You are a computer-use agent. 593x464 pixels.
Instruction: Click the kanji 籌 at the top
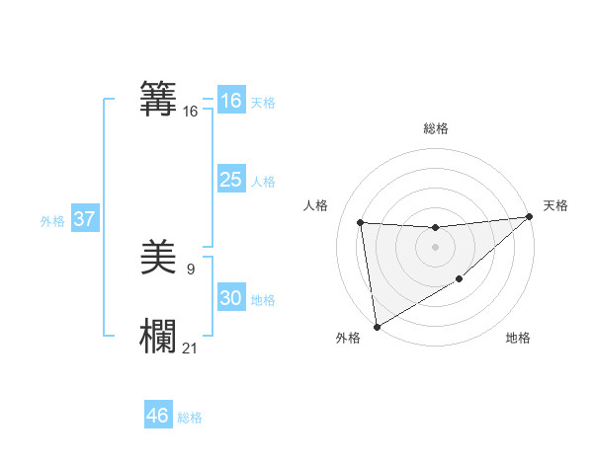click(x=159, y=99)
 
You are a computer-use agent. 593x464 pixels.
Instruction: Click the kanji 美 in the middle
click(x=159, y=260)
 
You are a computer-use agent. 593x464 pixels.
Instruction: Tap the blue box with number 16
click(x=230, y=101)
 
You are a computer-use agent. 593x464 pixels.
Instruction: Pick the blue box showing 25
click(x=230, y=180)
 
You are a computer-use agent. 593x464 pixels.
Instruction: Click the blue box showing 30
click(x=230, y=298)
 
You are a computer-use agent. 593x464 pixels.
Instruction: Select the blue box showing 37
click(x=85, y=219)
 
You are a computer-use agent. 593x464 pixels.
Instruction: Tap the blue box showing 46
click(x=158, y=415)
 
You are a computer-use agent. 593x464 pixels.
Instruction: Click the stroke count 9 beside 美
click(x=191, y=269)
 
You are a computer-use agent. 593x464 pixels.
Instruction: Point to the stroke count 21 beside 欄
click(x=191, y=348)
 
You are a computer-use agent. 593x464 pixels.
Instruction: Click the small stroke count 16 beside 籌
click(x=191, y=112)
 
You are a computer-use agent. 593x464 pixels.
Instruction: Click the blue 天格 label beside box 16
click(x=263, y=103)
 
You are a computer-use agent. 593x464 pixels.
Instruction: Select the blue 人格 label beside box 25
click(x=263, y=182)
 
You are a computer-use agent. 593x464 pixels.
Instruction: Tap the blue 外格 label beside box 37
click(x=52, y=221)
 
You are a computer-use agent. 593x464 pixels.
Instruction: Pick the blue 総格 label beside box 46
click(x=190, y=418)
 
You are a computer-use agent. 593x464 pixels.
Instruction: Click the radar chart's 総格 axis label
click(x=435, y=128)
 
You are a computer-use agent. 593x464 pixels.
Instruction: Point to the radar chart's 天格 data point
click(x=530, y=217)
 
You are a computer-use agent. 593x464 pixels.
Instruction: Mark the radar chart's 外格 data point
click(x=377, y=326)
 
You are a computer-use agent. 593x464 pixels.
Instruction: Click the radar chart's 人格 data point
click(x=361, y=222)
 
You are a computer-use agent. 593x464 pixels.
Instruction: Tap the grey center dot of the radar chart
click(x=435, y=247)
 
